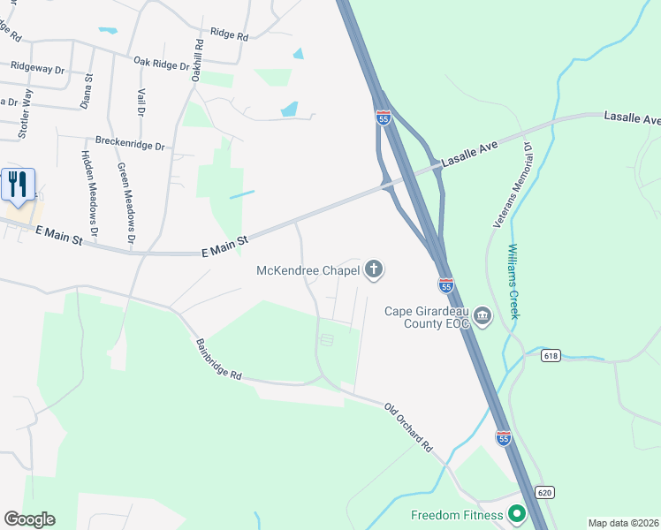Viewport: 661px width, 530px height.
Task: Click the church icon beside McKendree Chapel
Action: [374, 270]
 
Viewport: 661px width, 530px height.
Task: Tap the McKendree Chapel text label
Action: [308, 270]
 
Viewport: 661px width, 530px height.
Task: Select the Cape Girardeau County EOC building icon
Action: [482, 316]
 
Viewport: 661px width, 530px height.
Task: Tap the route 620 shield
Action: [544, 491]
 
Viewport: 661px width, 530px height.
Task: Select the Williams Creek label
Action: [514, 282]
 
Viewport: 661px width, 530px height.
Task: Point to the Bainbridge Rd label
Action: [219, 360]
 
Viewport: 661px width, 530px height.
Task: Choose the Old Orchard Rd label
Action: [407, 428]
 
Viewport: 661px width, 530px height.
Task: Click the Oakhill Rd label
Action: [199, 61]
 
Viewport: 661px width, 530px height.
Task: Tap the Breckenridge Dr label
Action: [131, 143]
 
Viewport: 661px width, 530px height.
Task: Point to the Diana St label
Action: [87, 90]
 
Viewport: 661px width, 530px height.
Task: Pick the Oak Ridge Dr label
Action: [162, 63]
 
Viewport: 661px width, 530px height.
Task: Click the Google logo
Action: [29, 519]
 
